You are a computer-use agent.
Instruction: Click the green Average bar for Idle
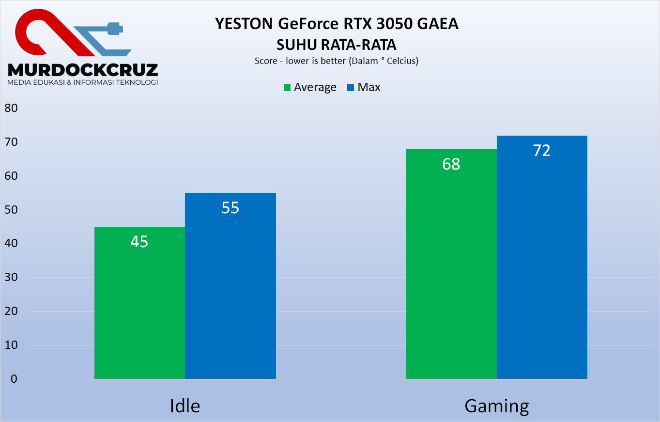pyautogui.click(x=139, y=310)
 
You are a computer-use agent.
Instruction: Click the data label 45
pyautogui.click(x=139, y=241)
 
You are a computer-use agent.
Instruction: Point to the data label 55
pyautogui.click(x=230, y=208)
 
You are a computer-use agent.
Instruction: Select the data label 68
pyautogui.click(x=451, y=164)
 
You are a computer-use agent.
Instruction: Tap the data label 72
pyautogui.click(x=542, y=151)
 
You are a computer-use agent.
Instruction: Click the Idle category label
pyautogui.click(x=185, y=406)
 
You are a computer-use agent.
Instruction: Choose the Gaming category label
pyautogui.click(x=497, y=406)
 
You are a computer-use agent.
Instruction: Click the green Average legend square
pyautogui.click(x=287, y=88)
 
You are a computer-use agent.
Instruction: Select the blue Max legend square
pyautogui.click(x=351, y=88)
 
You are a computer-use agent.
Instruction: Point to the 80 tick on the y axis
pyautogui.click(x=11, y=109)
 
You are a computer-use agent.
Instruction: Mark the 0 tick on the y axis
pyautogui.click(x=14, y=379)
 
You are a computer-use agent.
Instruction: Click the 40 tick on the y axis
pyautogui.click(x=11, y=244)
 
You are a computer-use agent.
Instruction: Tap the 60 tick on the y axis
pyautogui.click(x=11, y=176)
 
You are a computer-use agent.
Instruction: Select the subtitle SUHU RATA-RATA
pyautogui.click(x=336, y=45)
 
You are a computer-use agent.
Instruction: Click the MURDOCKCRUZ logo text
pyautogui.click(x=83, y=69)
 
